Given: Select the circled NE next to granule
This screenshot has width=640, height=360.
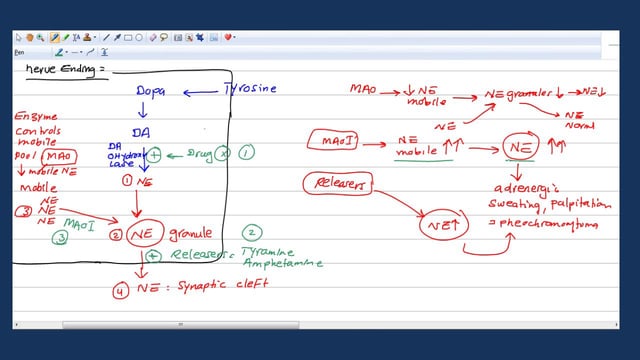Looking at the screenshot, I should point(147,234).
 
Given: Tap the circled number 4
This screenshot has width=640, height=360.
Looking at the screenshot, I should point(120,291).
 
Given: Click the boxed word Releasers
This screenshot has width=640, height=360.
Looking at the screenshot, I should point(337,184).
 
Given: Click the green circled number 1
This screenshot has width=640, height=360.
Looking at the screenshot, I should point(246,152).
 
